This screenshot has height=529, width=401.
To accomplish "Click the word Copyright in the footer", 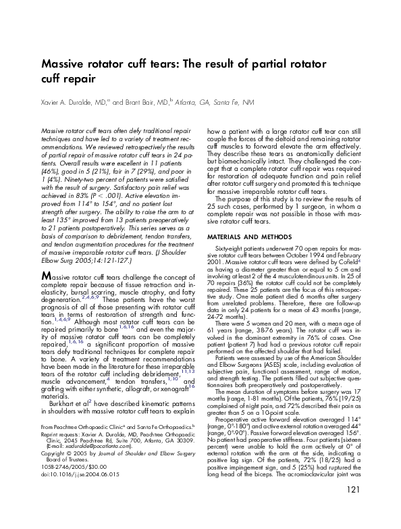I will click(x=55, y=463).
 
